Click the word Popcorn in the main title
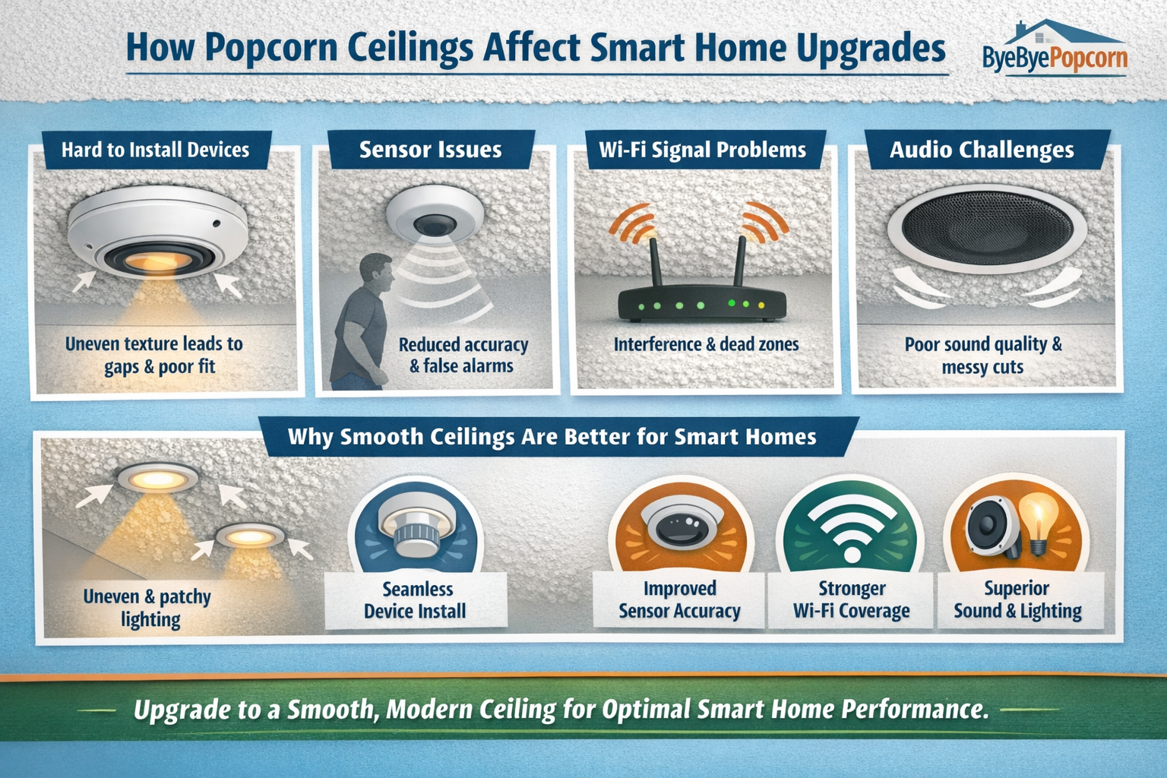pyautogui.click(x=271, y=48)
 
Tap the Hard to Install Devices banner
pyautogui.click(x=156, y=150)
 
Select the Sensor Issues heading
pyautogui.click(x=430, y=150)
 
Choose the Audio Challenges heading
pyautogui.click(x=982, y=150)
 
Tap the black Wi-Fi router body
pyautogui.click(x=701, y=305)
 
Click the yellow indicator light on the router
pyautogui.click(x=761, y=305)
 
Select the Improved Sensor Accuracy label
pyautogui.click(x=679, y=599)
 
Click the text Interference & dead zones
pyautogui.click(x=706, y=344)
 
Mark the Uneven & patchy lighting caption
pyautogui.click(x=147, y=608)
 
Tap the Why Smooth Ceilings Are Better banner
pyautogui.click(x=552, y=437)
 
